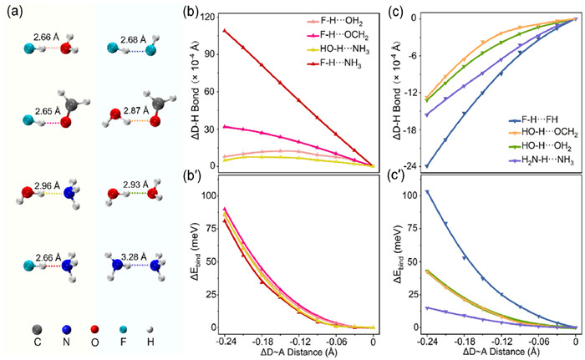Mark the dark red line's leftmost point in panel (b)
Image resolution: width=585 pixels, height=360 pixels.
225,31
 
